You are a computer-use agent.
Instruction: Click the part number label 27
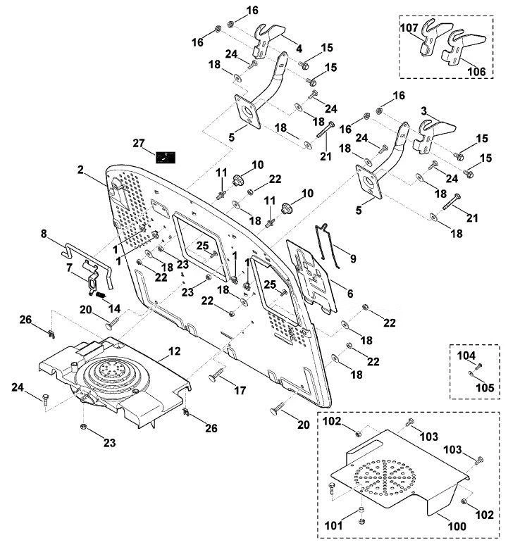[139, 143]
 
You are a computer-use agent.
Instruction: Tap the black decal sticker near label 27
[165, 158]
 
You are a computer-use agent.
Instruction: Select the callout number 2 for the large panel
[80, 170]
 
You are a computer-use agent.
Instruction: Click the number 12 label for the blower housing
[175, 351]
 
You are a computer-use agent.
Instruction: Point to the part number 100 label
[457, 526]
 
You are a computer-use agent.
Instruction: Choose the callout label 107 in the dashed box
[409, 27]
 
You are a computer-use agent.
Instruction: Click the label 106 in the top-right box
[476, 72]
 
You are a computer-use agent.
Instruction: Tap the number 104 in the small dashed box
[466, 356]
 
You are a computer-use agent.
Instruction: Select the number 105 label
[485, 387]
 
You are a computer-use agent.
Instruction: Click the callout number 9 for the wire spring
[353, 258]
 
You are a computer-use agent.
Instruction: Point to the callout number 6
[350, 294]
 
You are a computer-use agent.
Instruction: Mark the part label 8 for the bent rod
[44, 234]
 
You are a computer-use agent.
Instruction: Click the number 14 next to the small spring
[114, 308]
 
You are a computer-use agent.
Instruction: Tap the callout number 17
[240, 390]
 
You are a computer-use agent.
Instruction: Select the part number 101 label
[333, 525]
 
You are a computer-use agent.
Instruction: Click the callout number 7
[69, 268]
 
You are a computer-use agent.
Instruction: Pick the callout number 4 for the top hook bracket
[299, 49]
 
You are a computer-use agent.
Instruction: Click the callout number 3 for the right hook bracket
[423, 111]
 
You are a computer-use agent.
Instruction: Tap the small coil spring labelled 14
[101, 295]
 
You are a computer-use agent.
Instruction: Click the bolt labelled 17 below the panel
[217, 375]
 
